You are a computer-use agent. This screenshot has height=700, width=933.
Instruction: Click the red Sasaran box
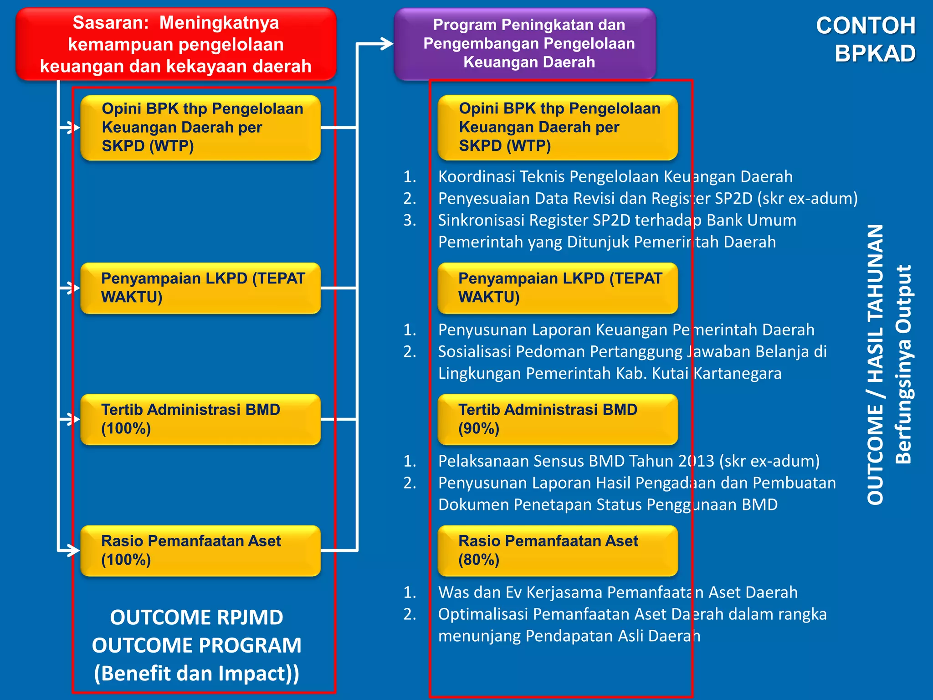[176, 44]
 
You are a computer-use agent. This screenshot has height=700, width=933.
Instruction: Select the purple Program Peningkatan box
[525, 44]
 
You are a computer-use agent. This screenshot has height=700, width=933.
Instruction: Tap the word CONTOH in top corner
[866, 26]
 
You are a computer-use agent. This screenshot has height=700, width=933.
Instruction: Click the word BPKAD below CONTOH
[875, 54]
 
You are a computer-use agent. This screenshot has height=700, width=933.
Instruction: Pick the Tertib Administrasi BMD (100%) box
[200, 419]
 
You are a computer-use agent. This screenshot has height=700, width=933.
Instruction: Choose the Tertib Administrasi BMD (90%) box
[558, 419]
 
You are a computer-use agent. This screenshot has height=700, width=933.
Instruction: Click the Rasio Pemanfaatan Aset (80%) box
[558, 551]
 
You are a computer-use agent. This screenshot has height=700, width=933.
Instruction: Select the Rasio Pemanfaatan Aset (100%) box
[200, 551]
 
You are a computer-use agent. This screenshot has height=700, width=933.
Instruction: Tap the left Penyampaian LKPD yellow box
[200, 288]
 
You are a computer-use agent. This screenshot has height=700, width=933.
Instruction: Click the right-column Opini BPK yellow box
[558, 128]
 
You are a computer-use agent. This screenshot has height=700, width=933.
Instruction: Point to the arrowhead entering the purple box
[387, 44]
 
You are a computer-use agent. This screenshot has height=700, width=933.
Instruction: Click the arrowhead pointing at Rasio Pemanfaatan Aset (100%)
[74, 550]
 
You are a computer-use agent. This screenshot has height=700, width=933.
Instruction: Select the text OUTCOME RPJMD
[197, 618]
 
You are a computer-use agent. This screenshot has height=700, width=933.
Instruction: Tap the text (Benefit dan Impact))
[197, 674]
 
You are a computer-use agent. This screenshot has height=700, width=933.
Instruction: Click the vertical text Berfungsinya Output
[903, 365]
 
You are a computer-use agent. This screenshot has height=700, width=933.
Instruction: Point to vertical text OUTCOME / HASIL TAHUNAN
[875, 365]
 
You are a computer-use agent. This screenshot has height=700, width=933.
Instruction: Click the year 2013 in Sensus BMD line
[696, 461]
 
